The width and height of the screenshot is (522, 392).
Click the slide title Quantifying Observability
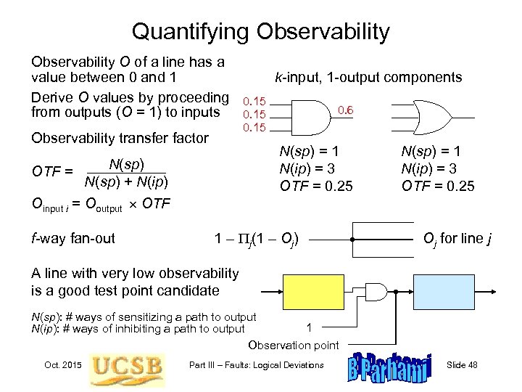tap(260, 31)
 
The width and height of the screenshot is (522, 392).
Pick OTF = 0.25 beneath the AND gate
tap(316, 186)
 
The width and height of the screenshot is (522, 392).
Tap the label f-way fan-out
tap(73, 237)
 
